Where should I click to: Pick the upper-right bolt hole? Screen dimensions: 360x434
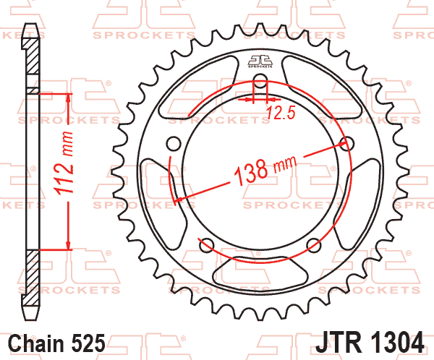[x=349, y=142]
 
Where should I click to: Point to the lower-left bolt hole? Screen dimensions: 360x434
[x=205, y=244]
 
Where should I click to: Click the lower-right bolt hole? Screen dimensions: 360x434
[x=315, y=244]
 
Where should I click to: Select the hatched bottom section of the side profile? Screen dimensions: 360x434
[x=31, y=278]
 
